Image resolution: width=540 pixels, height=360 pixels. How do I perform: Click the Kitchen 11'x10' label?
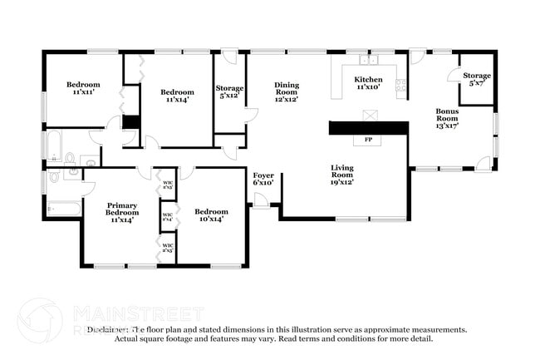(369, 83)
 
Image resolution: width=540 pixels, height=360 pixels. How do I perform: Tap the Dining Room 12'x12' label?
(287, 91)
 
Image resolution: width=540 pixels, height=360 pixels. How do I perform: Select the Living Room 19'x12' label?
(342, 172)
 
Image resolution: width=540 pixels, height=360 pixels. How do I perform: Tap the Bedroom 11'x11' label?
(83, 89)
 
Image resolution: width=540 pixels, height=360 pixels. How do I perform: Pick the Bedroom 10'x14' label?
(211, 216)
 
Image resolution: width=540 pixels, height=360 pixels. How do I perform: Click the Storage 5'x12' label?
(229, 92)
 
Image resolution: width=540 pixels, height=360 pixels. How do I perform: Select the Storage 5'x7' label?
(476, 80)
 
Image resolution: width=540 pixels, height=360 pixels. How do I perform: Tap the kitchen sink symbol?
(367, 60)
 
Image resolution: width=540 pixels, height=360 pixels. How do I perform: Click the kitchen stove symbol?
(401, 84)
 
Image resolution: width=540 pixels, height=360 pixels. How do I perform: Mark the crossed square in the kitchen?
(369, 115)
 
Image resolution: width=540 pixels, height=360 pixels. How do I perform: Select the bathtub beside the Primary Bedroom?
(63, 207)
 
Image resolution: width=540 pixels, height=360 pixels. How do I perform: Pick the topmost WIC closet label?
(168, 185)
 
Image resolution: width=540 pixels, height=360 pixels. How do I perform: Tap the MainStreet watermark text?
(137, 313)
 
